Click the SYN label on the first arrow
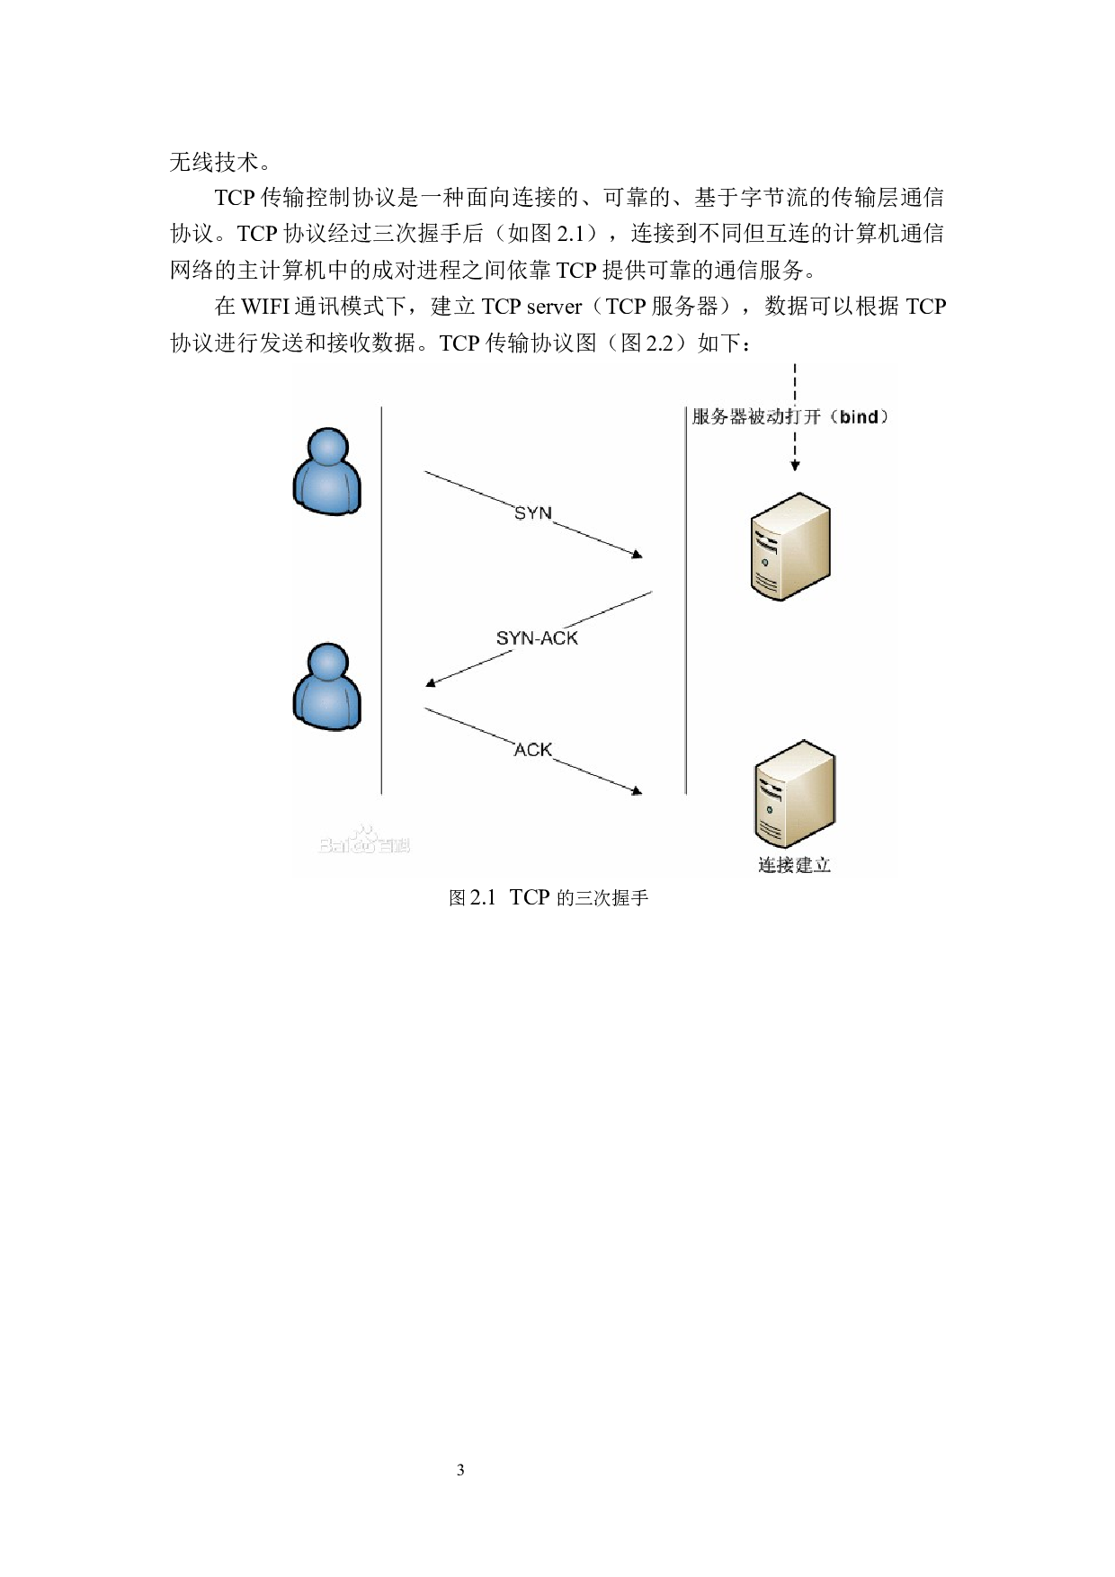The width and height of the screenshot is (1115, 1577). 532,513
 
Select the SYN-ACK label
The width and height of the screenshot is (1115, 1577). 537,638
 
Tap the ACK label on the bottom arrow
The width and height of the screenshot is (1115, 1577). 532,749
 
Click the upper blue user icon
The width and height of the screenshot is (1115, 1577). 327,471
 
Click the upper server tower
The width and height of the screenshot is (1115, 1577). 790,546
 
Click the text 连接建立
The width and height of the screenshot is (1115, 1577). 794,865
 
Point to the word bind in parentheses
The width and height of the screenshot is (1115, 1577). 858,417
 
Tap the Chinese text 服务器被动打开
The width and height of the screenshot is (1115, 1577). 755,417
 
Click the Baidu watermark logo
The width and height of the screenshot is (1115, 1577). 364,841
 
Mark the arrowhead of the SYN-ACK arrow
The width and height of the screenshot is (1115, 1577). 431,683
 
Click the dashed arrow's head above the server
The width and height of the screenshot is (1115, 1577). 795,465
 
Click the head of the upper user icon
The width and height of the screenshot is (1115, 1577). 327,447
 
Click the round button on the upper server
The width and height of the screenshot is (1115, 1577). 764,562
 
